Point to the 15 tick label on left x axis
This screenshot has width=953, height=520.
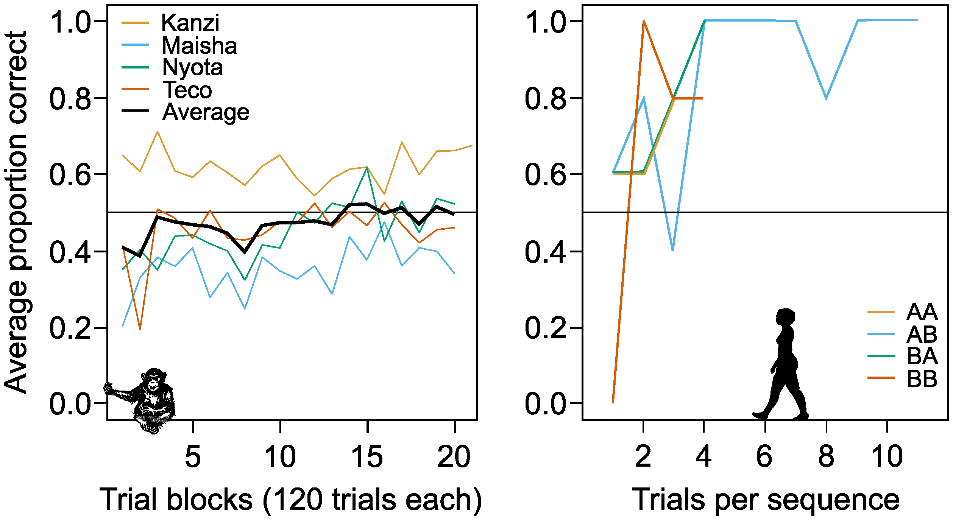click(x=367, y=457)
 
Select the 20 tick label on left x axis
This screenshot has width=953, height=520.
click(x=454, y=457)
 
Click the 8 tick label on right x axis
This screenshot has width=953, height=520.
click(x=826, y=457)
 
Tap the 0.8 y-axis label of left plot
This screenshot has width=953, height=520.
click(x=70, y=99)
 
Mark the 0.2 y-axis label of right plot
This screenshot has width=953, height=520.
click(x=545, y=328)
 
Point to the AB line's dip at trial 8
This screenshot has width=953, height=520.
click(x=826, y=98)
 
